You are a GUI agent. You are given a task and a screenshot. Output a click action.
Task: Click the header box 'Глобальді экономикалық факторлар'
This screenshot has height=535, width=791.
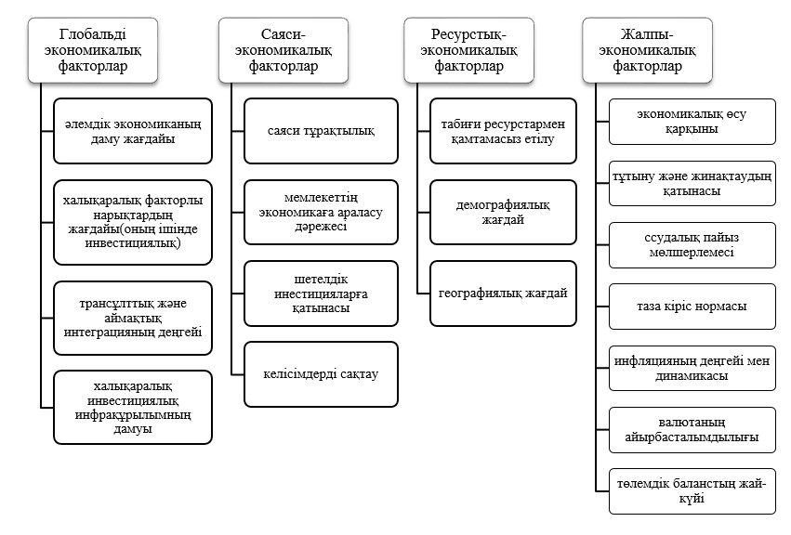pos(90,47)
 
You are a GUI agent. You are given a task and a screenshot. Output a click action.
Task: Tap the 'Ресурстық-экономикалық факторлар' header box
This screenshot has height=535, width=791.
pos(468,47)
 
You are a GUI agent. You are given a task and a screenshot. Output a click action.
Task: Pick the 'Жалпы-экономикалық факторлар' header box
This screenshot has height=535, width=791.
pos(646,47)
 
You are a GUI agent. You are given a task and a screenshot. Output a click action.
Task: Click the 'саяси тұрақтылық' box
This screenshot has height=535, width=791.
pos(321,131)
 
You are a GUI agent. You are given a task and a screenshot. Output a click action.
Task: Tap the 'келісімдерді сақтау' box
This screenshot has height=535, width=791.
pos(321,374)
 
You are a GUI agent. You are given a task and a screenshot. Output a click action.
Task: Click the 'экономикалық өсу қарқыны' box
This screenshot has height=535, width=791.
pos(692,122)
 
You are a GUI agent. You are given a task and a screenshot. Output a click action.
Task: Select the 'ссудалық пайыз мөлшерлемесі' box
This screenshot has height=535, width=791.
pos(692,245)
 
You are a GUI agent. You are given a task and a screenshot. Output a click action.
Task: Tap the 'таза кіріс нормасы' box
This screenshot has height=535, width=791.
pos(692,307)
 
